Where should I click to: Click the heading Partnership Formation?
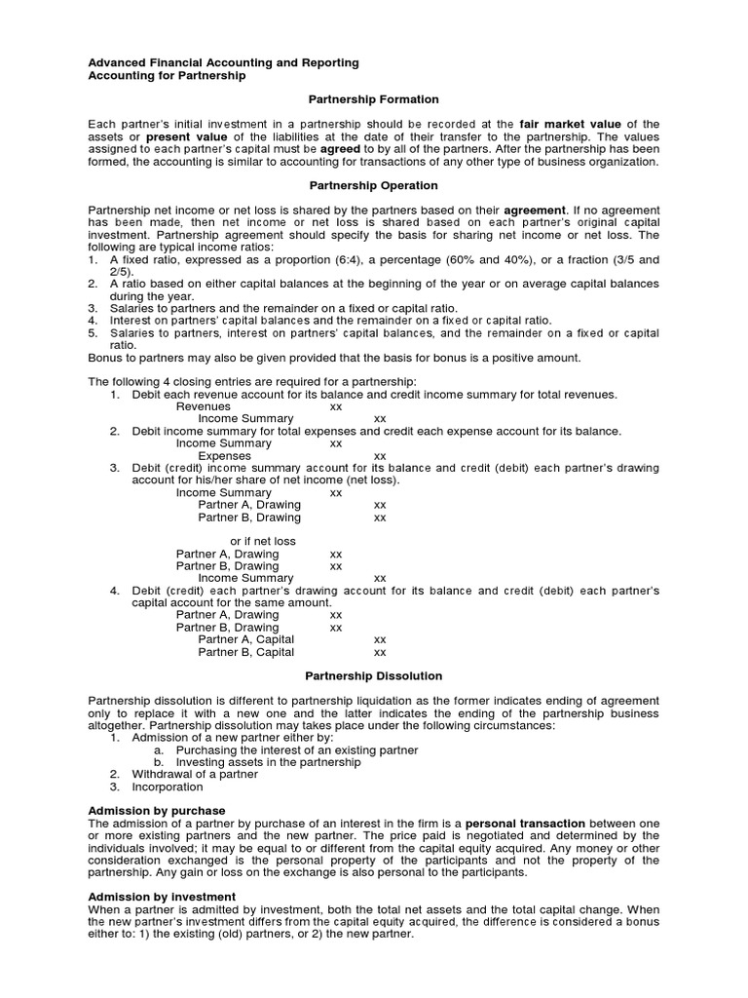click(374, 99)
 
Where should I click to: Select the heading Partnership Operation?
click(374, 185)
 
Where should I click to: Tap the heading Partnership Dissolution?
click(374, 675)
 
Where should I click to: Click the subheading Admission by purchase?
click(157, 811)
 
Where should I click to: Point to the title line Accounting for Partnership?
click(167, 76)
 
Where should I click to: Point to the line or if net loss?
click(263, 541)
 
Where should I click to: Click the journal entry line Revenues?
click(204, 406)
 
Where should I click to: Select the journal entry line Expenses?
click(225, 455)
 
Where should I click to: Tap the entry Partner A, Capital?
click(245, 639)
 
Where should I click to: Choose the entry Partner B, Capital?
click(245, 652)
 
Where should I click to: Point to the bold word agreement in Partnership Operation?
click(535, 210)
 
